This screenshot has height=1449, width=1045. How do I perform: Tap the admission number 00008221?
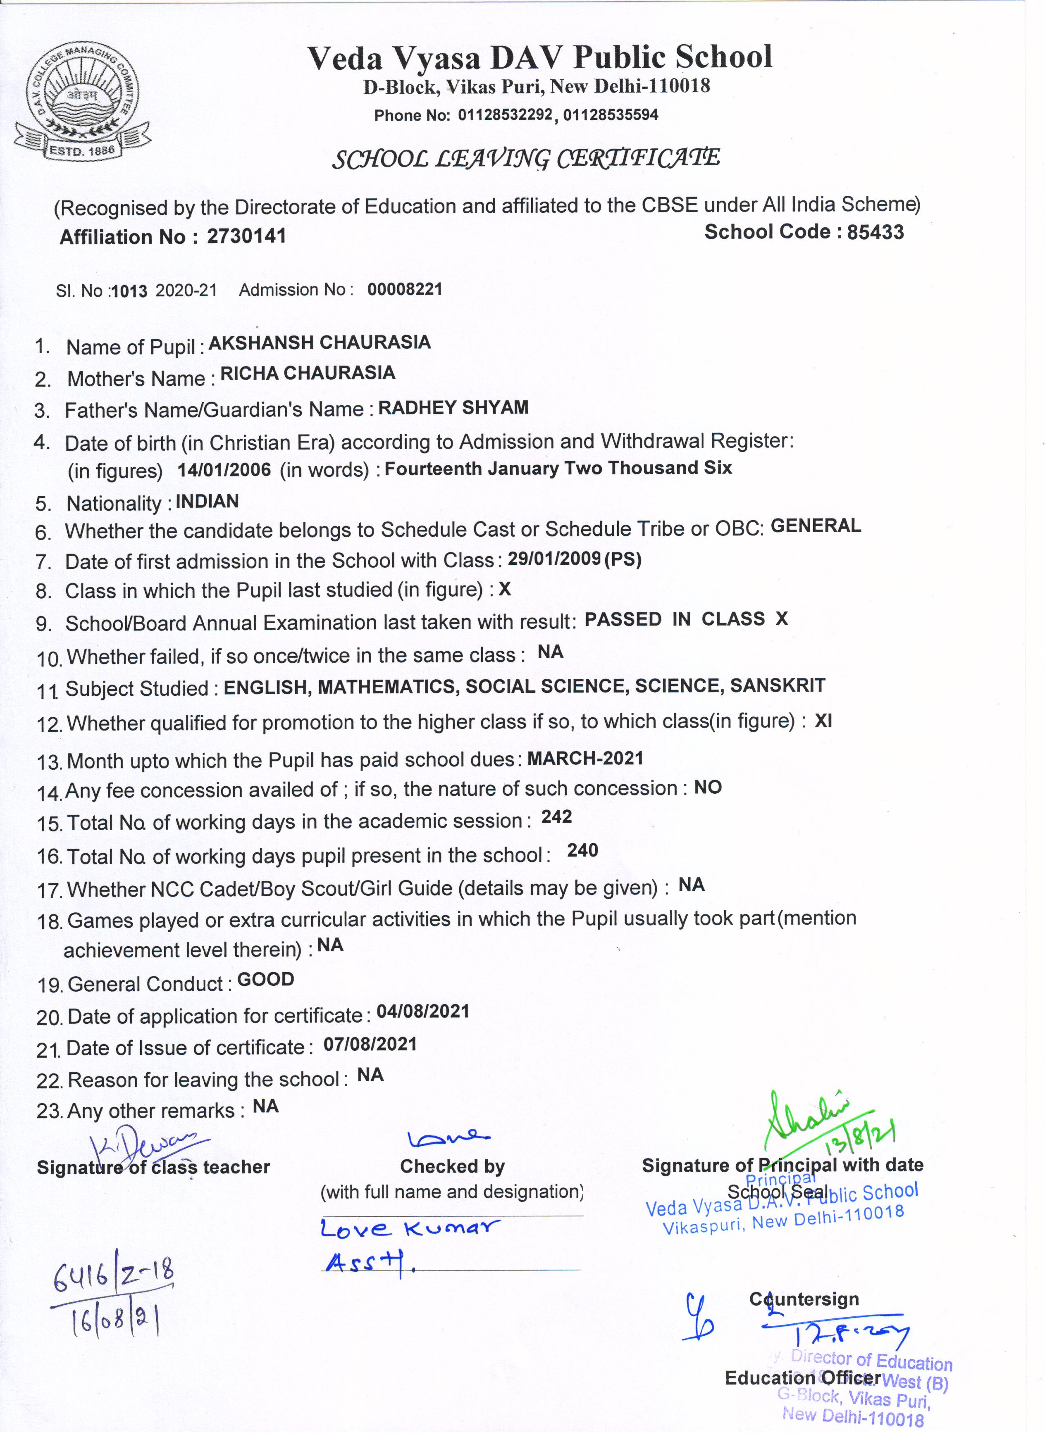[405, 289]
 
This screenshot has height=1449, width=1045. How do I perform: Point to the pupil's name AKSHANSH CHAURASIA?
[320, 343]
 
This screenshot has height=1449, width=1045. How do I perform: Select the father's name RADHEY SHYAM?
[453, 408]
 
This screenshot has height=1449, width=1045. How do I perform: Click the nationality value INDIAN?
[207, 502]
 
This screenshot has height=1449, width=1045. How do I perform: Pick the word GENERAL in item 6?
[816, 526]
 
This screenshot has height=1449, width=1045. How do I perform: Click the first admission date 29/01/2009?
[554, 559]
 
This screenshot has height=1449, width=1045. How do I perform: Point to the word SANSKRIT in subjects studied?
[777, 685]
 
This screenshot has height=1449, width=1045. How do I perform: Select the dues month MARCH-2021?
[585, 758]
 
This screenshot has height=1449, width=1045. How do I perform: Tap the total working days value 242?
[556, 817]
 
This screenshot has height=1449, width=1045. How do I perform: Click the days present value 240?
[582, 850]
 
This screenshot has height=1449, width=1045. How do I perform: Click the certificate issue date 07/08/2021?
[370, 1045]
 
